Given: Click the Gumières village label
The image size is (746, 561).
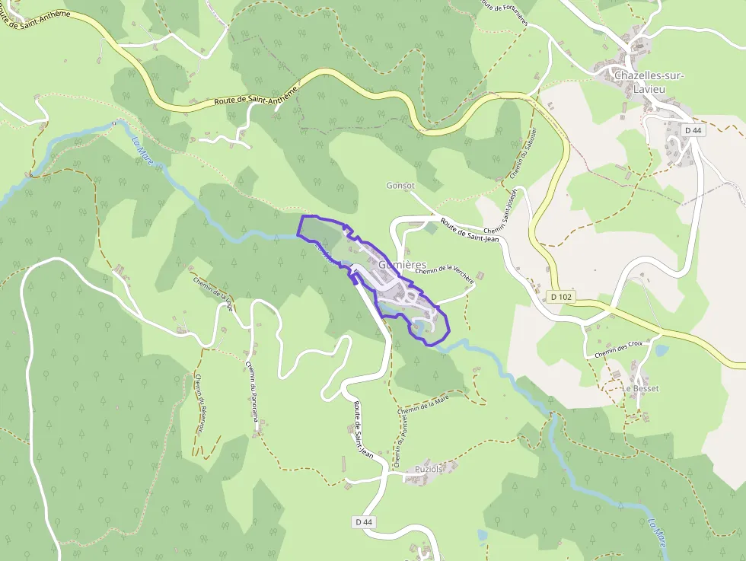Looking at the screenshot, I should (x=402, y=264).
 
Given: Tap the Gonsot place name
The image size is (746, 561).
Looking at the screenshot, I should (x=400, y=186).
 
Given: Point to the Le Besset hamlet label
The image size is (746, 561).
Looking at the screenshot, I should (x=640, y=388).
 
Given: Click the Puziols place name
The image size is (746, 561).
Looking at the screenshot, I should (x=429, y=470).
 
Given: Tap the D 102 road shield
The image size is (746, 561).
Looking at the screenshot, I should (x=560, y=296).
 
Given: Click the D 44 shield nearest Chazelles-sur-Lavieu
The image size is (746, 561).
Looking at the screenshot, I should (x=692, y=130).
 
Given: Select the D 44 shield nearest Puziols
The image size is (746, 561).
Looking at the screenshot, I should (x=364, y=521).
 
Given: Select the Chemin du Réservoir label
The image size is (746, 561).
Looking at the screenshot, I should (x=200, y=403).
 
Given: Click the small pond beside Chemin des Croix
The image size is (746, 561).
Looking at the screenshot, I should (x=661, y=351).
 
